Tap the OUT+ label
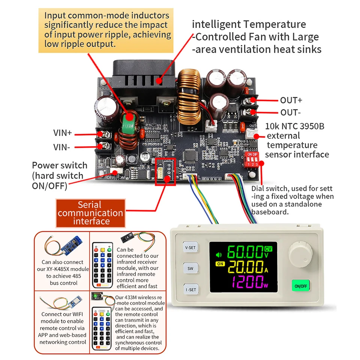[291, 100]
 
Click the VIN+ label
[62, 133]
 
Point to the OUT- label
[290, 112]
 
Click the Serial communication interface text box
[90, 213]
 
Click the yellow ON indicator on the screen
[220, 264]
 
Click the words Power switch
[60, 165]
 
